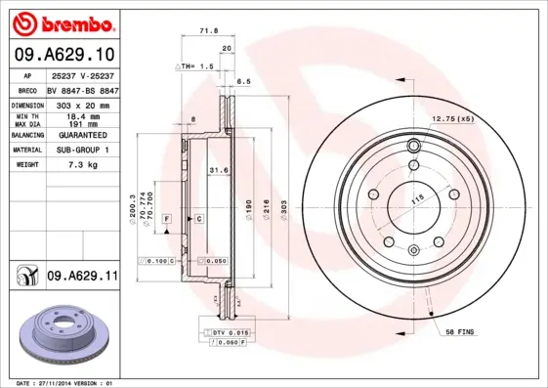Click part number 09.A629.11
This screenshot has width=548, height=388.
point(82,278)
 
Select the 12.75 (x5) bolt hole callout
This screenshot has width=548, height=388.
point(452,119)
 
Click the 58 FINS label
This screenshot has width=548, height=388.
point(459,333)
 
